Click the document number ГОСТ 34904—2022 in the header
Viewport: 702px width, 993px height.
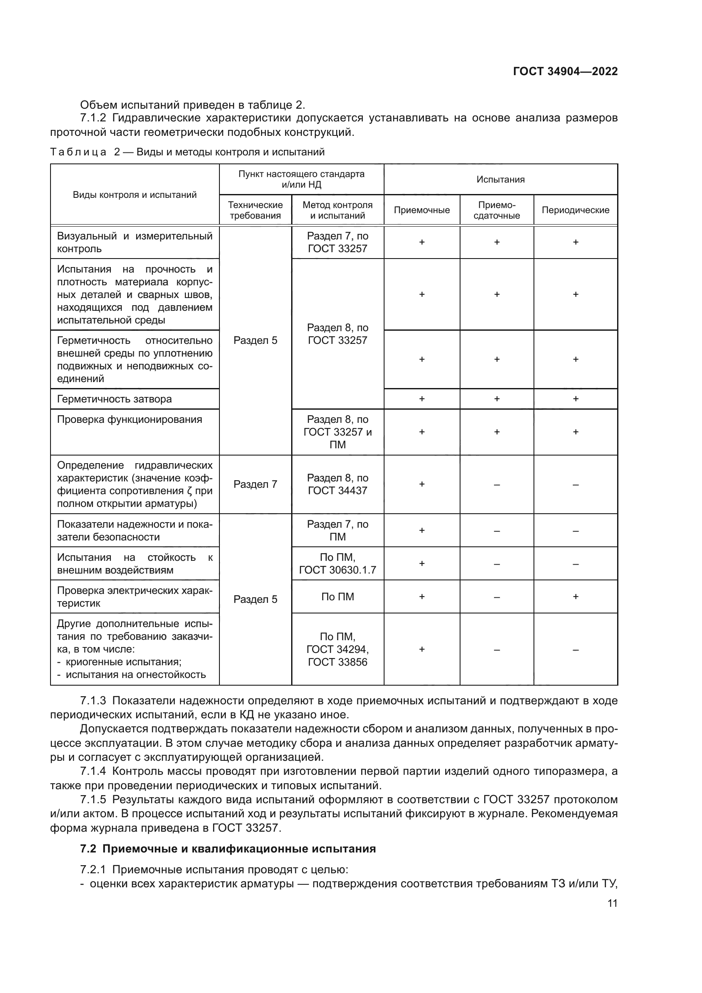(565, 71)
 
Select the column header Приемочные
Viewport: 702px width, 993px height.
(421, 210)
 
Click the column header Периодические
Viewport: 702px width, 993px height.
(576, 210)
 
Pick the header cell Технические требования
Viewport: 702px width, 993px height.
(255, 210)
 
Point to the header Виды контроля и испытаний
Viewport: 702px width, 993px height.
(135, 194)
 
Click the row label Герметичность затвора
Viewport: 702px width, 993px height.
(115, 399)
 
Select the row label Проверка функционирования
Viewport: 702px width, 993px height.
(130, 419)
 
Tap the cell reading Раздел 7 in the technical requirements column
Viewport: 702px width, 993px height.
(255, 484)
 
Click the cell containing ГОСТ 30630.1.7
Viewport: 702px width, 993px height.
(337, 570)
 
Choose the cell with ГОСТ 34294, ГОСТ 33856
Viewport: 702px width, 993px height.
(337, 655)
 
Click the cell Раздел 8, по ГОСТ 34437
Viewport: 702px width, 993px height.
(337, 484)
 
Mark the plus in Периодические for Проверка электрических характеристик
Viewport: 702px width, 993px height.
(576, 597)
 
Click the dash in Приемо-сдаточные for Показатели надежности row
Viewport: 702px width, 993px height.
(497, 531)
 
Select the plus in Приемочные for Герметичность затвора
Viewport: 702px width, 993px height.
(421, 399)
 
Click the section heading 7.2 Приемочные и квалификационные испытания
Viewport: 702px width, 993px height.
(228, 849)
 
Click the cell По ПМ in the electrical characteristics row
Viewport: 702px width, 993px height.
(337, 597)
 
